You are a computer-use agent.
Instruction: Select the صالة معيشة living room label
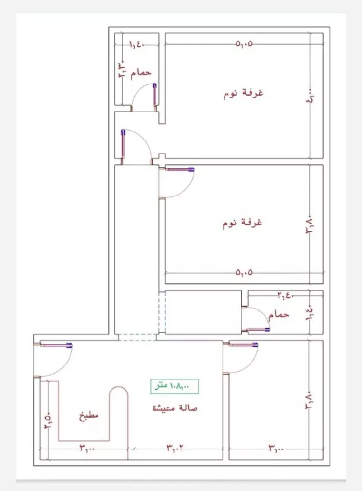tap(175, 408)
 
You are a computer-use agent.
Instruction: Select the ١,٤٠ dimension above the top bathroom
tap(137, 44)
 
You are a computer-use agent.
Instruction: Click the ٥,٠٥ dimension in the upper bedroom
tap(245, 44)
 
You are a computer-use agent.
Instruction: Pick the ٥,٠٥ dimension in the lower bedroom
tap(244, 272)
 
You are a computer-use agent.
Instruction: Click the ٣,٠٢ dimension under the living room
tap(176, 449)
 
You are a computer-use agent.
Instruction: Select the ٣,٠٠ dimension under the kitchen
tap(87, 449)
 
